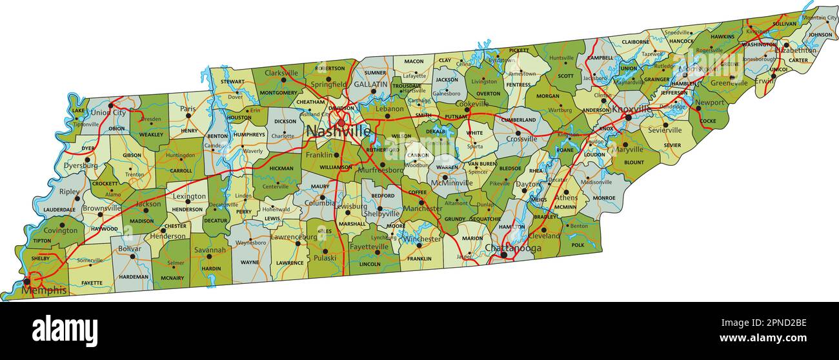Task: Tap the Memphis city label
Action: coord(44,290)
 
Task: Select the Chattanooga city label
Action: coord(512,248)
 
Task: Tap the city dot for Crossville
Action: coord(518,133)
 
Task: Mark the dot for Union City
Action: coord(110,105)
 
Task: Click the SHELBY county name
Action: coord(40,259)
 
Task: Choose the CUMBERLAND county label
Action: coord(519,120)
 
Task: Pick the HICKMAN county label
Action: coord(281,169)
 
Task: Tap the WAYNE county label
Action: coord(249,263)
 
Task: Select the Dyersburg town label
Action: coord(81,166)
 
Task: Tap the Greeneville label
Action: coord(729,83)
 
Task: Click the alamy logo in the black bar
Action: coord(65,330)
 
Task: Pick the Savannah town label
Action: coord(210,250)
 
